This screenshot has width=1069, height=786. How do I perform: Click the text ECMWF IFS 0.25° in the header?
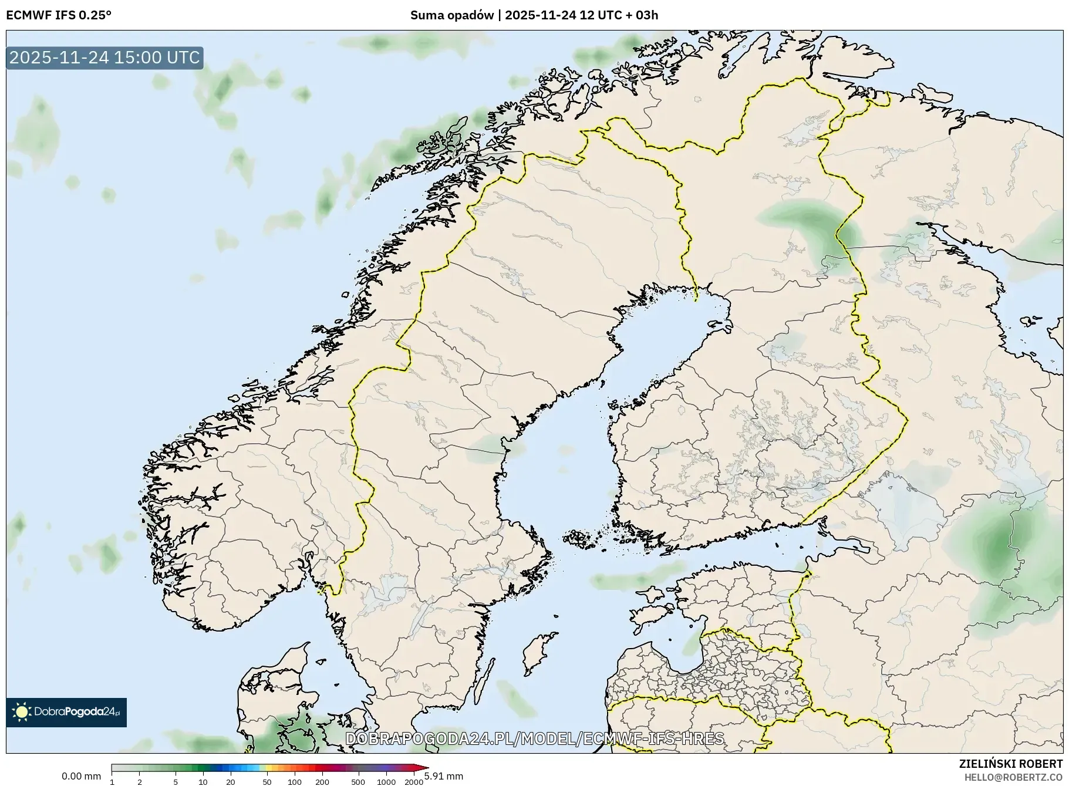click(x=58, y=15)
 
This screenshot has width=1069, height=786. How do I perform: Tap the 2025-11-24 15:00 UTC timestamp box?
click(x=104, y=58)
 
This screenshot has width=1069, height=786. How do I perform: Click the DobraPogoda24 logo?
click(x=66, y=712)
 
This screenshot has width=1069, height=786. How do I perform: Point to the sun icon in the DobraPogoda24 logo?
click(x=22, y=712)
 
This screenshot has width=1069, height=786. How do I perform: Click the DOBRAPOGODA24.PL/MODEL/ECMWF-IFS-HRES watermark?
click(x=534, y=738)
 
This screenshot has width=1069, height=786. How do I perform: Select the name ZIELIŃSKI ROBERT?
click(x=1010, y=764)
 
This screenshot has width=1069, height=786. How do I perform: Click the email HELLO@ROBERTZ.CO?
click(x=1013, y=777)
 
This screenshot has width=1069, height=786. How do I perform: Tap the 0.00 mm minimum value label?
click(x=81, y=776)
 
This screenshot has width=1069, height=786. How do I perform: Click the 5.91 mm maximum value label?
click(x=444, y=776)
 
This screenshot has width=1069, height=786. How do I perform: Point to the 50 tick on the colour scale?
click(x=267, y=781)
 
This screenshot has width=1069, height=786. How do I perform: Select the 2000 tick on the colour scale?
click(x=414, y=781)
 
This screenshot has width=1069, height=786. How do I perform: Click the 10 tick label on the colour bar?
click(x=203, y=781)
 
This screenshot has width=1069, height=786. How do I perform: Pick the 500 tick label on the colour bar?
click(x=358, y=781)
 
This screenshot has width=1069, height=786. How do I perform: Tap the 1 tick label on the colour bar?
click(x=112, y=781)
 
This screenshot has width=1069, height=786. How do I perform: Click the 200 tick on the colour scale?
click(x=322, y=781)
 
